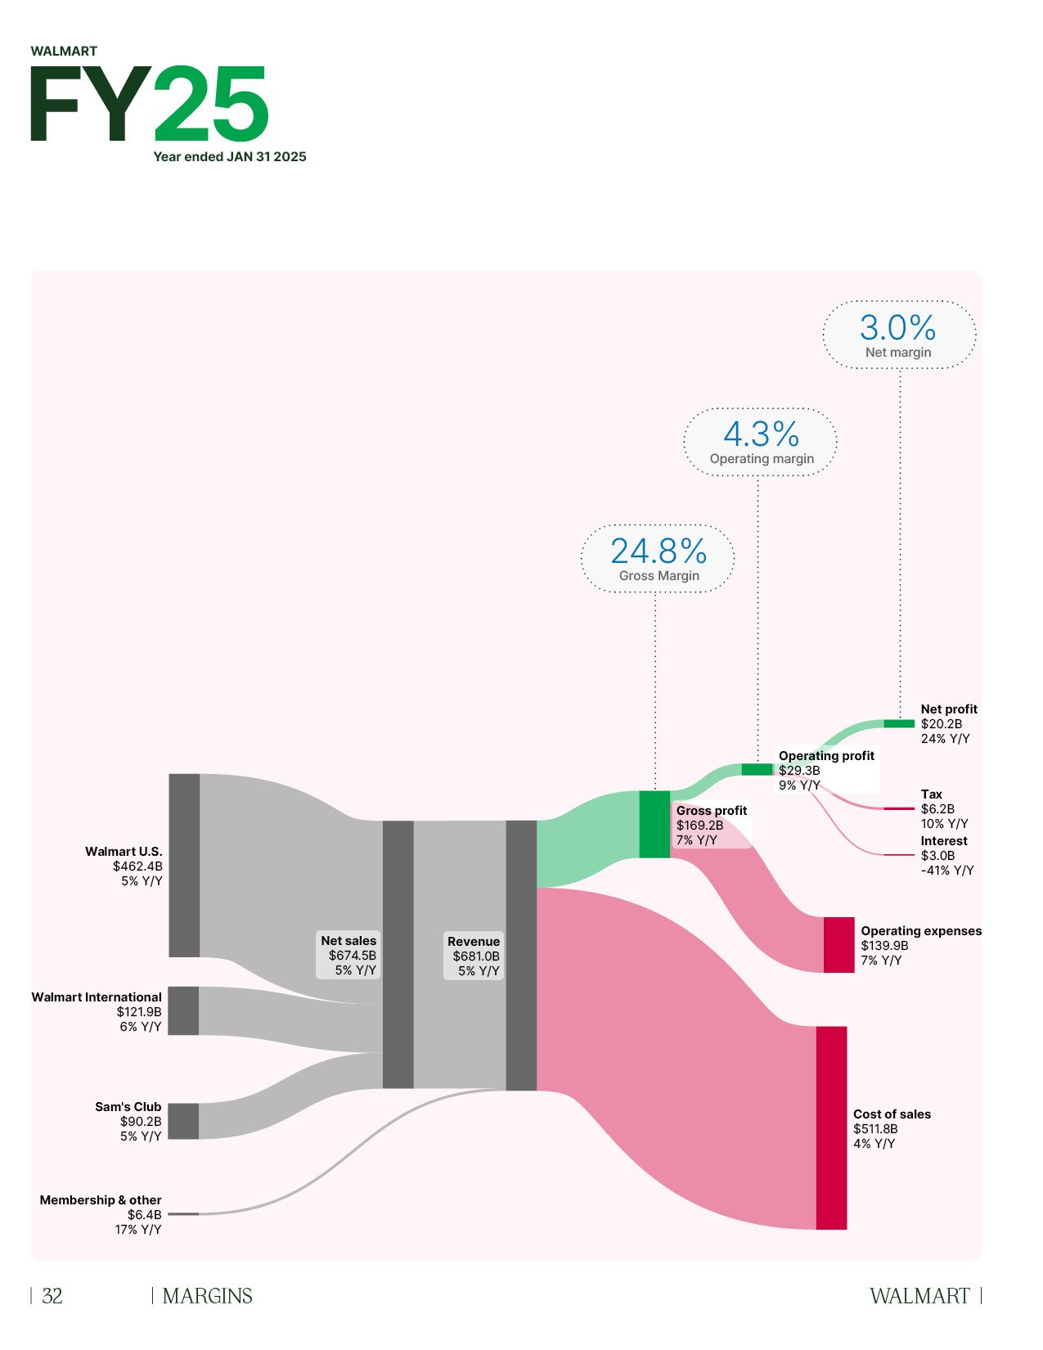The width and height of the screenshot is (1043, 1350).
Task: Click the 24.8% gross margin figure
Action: tap(659, 551)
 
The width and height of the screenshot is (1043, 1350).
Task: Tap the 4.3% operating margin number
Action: tap(761, 434)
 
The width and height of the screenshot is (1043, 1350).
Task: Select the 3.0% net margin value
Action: tap(897, 328)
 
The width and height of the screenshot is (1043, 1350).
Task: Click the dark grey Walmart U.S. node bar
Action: tap(184, 865)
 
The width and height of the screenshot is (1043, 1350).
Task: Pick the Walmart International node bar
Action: tap(184, 1010)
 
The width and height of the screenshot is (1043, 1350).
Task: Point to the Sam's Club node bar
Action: tap(184, 1121)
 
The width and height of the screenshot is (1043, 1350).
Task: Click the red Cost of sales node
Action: tap(831, 1127)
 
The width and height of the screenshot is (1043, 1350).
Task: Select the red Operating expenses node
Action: tap(838, 945)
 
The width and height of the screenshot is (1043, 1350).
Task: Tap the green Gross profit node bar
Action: tap(654, 824)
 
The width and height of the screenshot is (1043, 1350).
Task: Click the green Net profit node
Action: tap(899, 723)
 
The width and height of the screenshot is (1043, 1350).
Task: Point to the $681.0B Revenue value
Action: tap(476, 956)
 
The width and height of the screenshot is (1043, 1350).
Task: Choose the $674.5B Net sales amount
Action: tap(353, 956)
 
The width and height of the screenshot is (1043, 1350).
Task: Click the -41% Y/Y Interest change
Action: tap(947, 871)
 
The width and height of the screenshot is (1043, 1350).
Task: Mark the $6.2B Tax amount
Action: tap(937, 809)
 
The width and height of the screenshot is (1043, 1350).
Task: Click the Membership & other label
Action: tap(101, 1200)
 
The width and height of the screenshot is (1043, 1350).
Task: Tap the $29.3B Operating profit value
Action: tap(799, 771)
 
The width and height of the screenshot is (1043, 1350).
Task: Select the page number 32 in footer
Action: tap(52, 1296)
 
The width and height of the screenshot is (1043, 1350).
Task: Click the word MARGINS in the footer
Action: tap(208, 1296)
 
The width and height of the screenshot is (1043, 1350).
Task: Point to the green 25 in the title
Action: tap(211, 104)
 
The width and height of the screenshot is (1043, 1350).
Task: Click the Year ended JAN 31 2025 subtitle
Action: tap(230, 157)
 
